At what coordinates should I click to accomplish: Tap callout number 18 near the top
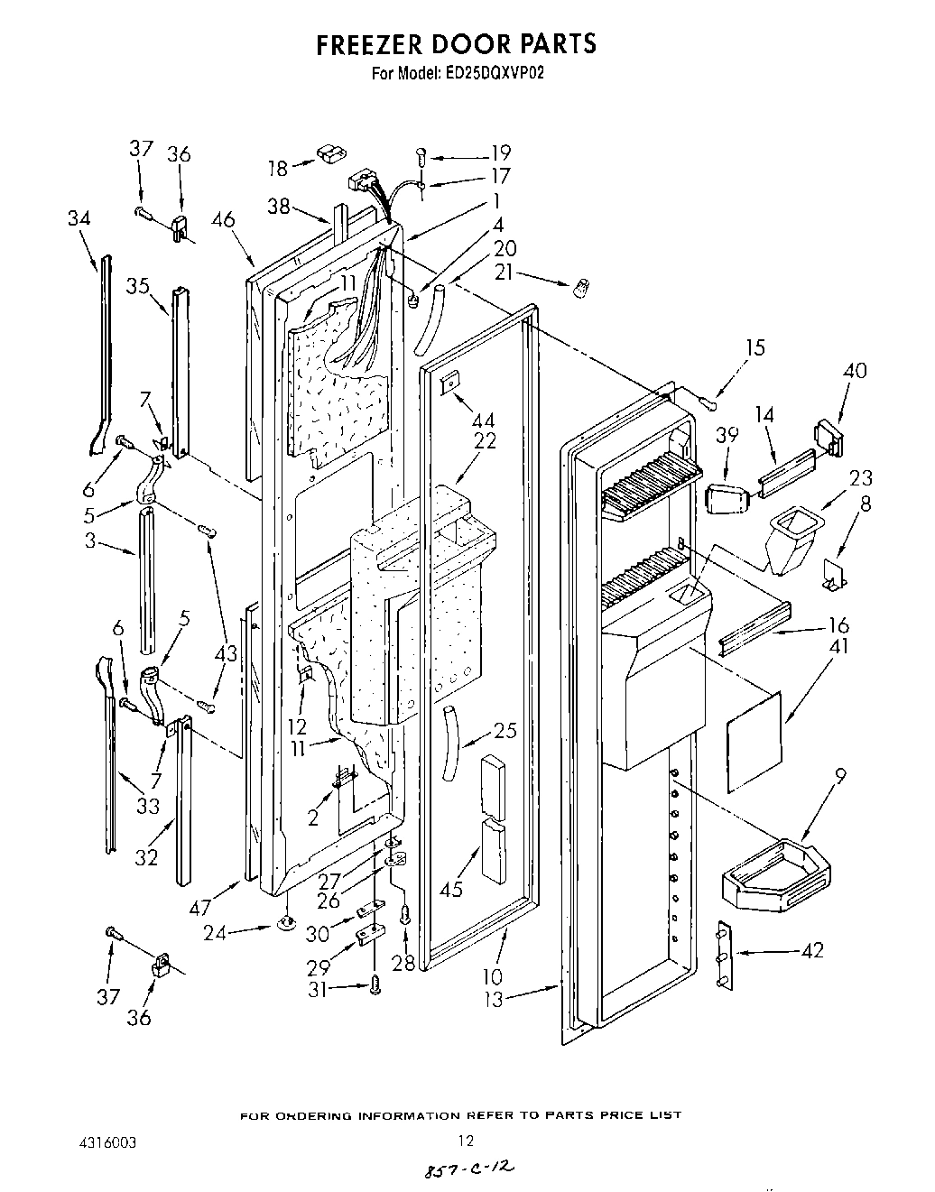(x=278, y=168)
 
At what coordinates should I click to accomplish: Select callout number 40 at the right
(x=855, y=370)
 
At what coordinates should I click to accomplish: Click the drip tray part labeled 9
(x=776, y=873)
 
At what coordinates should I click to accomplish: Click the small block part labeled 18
(x=330, y=153)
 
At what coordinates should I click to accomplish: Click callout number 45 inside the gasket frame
(x=450, y=888)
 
